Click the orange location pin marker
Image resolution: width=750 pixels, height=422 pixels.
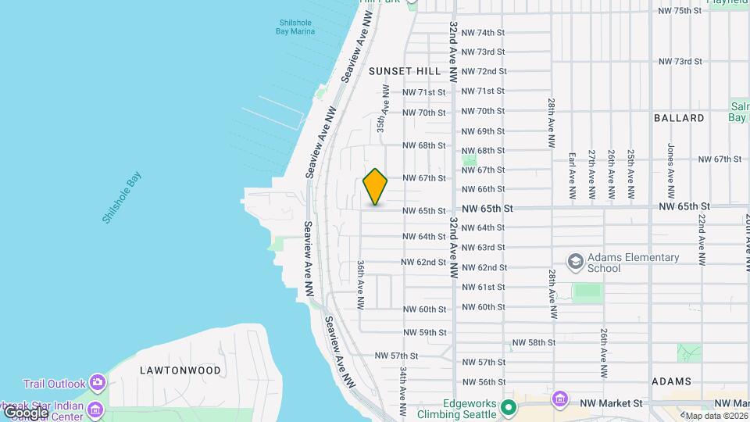(x=376, y=187)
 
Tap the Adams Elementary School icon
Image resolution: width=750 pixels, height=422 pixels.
(x=576, y=261)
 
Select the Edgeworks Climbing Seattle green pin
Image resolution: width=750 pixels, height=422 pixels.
(x=509, y=407)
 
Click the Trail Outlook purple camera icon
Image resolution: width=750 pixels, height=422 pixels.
(x=97, y=383)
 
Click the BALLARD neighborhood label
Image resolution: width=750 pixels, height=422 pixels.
(x=679, y=118)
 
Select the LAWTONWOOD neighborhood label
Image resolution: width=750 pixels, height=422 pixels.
(x=180, y=370)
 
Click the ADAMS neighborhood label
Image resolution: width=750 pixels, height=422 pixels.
(x=670, y=381)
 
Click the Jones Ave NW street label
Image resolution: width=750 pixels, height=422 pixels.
(x=670, y=170)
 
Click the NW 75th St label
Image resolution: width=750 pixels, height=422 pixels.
(x=680, y=11)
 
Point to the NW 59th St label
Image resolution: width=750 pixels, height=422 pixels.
(x=424, y=332)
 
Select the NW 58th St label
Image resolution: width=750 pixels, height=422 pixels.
(x=534, y=342)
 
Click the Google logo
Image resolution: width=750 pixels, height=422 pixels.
(x=25, y=413)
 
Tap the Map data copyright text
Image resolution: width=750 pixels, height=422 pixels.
(x=716, y=416)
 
